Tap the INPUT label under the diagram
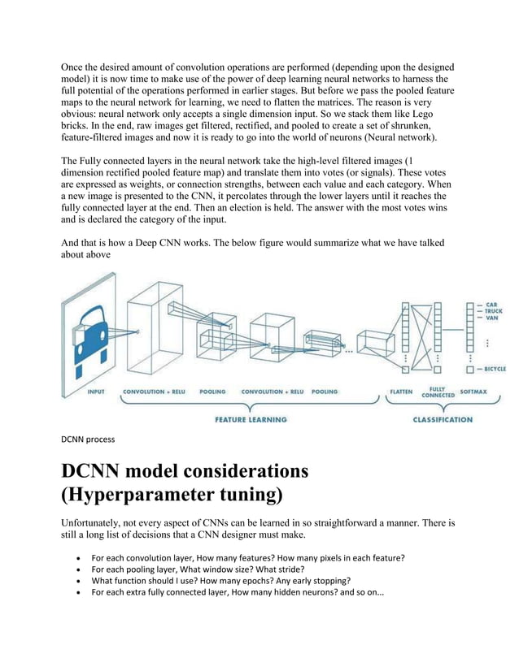click(95, 392)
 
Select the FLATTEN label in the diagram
click(400, 392)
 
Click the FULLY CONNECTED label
click(437, 392)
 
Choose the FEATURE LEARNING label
click(251, 419)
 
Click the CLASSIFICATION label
click(442, 419)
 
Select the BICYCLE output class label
click(497, 369)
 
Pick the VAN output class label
click(493, 318)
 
